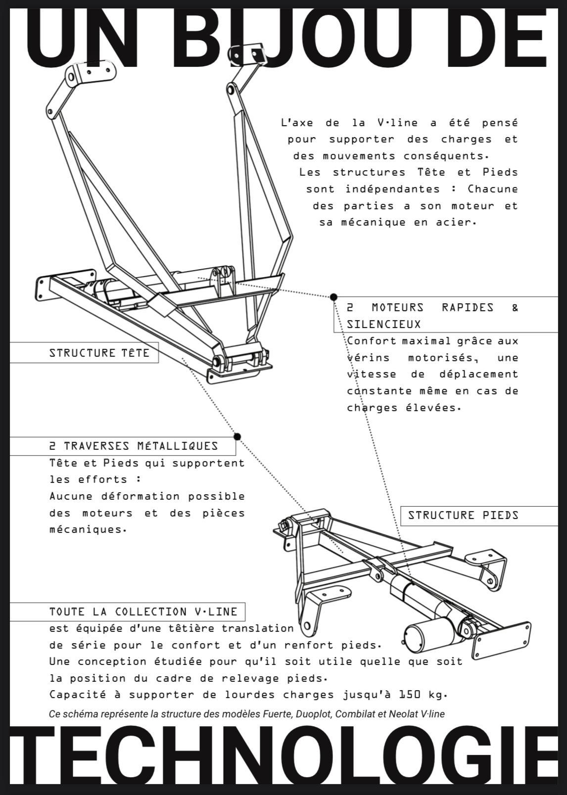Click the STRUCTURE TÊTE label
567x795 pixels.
(99, 353)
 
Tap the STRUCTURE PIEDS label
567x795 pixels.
(463, 515)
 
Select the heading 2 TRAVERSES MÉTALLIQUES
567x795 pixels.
(134, 446)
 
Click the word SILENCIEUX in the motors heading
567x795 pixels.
(383, 325)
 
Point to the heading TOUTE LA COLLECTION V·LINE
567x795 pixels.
(143, 612)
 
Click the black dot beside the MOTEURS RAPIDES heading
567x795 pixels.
(334, 297)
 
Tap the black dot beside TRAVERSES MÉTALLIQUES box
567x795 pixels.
(237, 436)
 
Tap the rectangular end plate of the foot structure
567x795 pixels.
(501, 640)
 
